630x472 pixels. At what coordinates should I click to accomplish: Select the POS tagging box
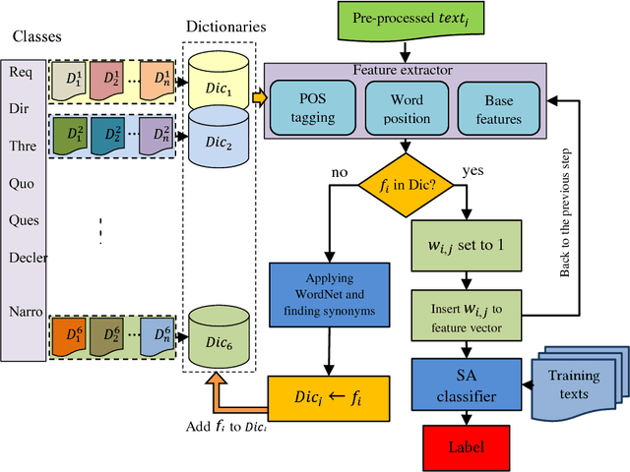[x=312, y=106]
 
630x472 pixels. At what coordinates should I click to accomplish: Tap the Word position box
[x=406, y=106]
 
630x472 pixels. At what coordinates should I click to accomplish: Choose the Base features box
[x=498, y=106]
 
